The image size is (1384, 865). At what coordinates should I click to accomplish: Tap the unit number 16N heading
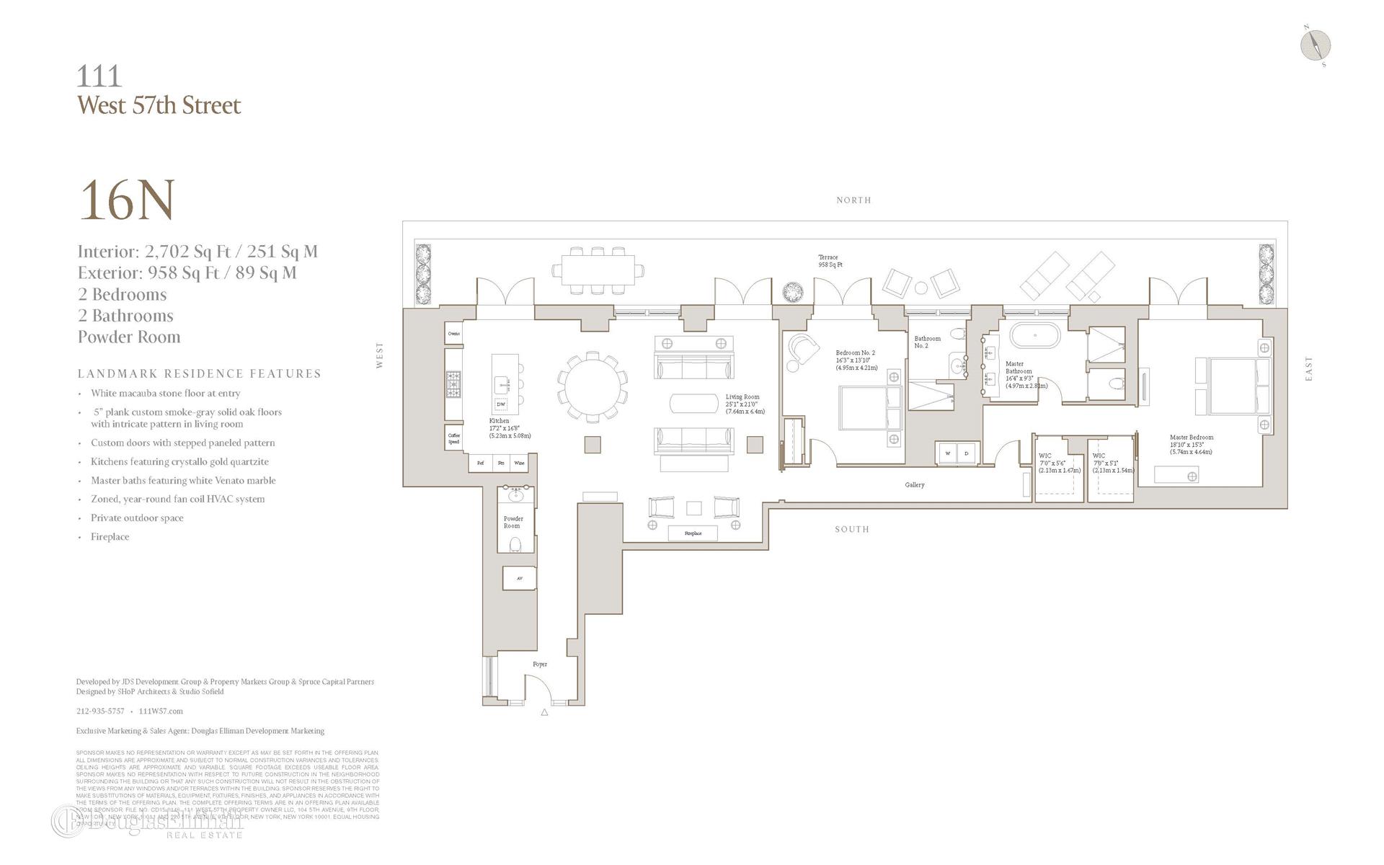point(127,200)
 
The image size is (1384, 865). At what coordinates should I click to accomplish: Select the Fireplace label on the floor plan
point(693,533)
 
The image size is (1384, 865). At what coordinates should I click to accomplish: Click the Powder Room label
point(513,522)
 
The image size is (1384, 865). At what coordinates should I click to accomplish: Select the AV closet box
point(519,578)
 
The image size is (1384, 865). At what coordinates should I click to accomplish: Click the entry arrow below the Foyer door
point(544,712)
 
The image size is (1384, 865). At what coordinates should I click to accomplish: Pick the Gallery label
point(914,484)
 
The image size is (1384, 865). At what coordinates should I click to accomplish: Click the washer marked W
point(947,453)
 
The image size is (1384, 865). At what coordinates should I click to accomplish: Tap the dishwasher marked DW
point(501,404)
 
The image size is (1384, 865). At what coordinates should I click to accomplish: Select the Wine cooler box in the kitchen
point(519,463)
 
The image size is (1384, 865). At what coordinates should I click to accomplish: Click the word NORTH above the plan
point(853,200)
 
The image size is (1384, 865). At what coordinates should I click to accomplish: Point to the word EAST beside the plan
point(1308,368)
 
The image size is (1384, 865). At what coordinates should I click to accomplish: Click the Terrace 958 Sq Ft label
point(829,261)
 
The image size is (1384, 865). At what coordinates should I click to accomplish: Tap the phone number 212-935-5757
point(100,711)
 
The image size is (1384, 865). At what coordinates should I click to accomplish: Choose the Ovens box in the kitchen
point(453,334)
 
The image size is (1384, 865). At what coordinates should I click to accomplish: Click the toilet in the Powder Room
point(515,545)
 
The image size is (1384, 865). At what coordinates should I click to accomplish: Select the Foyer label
point(539,664)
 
